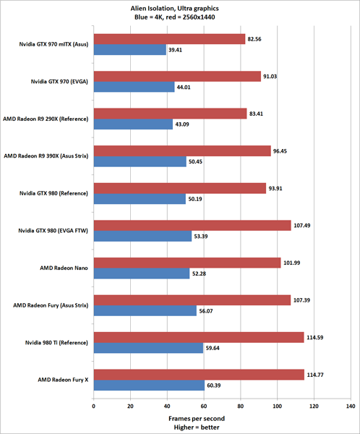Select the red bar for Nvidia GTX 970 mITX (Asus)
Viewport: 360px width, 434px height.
click(x=169, y=39)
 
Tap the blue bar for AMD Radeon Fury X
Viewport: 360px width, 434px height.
click(x=148, y=386)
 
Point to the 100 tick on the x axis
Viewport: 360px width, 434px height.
click(x=277, y=406)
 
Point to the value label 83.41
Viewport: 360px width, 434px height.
click(x=259, y=113)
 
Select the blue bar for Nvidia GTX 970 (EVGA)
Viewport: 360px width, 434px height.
click(x=134, y=88)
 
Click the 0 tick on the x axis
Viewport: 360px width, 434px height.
click(x=93, y=406)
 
